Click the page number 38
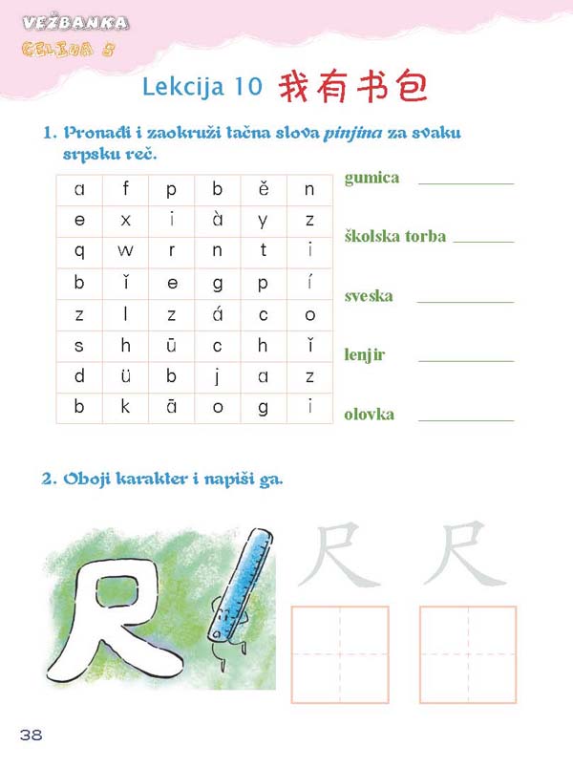coord(30,734)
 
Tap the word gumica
coord(371,178)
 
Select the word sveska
coord(369,296)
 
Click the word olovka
coord(369,415)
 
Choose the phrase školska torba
coord(395,237)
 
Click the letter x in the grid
coord(126,220)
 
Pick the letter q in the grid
coord(79,251)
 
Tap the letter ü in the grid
coord(126,376)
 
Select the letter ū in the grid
coord(172,346)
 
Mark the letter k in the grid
coord(126,408)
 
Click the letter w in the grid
coord(126,251)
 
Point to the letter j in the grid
coord(218,376)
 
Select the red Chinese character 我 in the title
coord(296,86)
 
